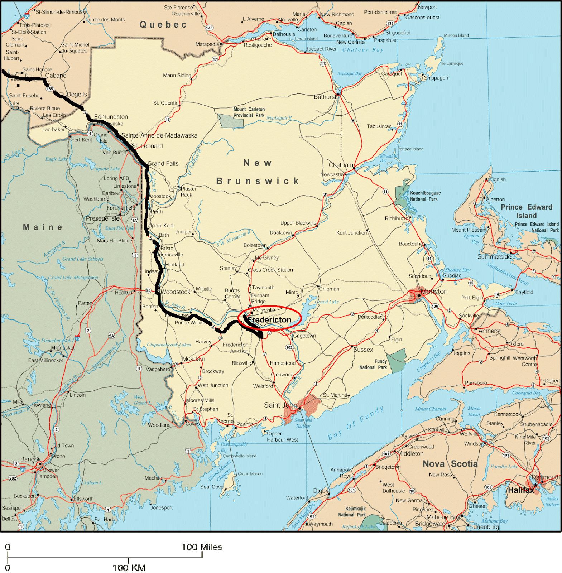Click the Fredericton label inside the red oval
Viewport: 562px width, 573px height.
(x=269, y=319)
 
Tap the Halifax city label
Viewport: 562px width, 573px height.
(x=521, y=490)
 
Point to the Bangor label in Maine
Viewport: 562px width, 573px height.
(x=30, y=459)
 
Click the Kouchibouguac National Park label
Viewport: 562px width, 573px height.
(x=425, y=196)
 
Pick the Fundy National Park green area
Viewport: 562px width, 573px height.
(x=397, y=361)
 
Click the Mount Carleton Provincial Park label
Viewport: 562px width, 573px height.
(x=249, y=112)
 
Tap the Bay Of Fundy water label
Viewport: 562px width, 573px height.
(x=356, y=423)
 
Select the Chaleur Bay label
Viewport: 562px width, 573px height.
(x=363, y=50)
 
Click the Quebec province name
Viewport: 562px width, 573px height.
(x=163, y=24)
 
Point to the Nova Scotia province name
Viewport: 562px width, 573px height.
(x=450, y=464)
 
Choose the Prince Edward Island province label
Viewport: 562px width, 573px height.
(x=526, y=211)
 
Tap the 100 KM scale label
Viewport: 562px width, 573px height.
(x=129, y=568)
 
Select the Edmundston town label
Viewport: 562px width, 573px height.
(x=111, y=117)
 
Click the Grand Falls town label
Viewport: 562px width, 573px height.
(x=163, y=163)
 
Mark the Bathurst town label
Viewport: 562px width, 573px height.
(x=325, y=97)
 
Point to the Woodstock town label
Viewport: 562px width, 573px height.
(x=176, y=292)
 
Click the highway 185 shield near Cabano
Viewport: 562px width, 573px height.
(x=49, y=89)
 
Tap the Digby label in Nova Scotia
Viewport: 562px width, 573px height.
(x=320, y=491)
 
